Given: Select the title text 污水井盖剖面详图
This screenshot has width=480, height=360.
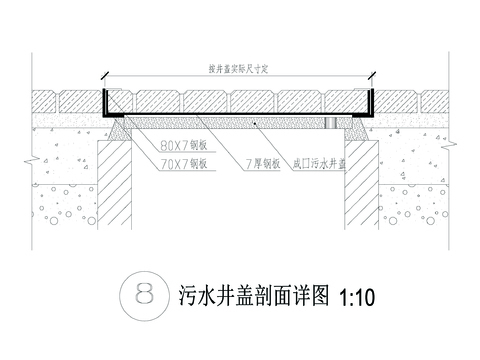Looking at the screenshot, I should tap(254, 297).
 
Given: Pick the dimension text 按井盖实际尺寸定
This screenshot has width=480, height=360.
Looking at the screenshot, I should tap(240, 68).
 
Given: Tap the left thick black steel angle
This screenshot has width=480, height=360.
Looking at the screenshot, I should tap(107, 104).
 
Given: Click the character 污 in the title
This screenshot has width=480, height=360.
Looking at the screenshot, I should tap(187, 297).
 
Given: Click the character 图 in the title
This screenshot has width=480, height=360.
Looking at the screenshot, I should tap(321, 297).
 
